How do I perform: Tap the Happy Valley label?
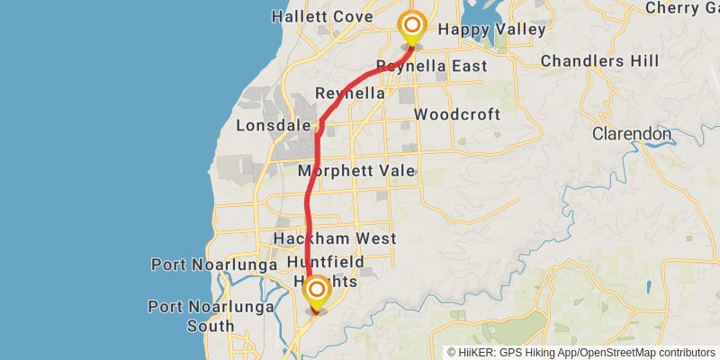click(491, 30)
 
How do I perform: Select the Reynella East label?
click(431, 66)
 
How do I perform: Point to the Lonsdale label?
click(274, 126)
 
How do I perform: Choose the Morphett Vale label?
click(356, 170)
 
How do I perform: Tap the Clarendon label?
click(632, 133)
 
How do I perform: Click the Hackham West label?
click(335, 238)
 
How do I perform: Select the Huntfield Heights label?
click(326, 271)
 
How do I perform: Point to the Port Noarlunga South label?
click(191, 315)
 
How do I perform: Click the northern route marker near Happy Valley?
click(412, 26)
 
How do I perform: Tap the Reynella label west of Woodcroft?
click(350, 94)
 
